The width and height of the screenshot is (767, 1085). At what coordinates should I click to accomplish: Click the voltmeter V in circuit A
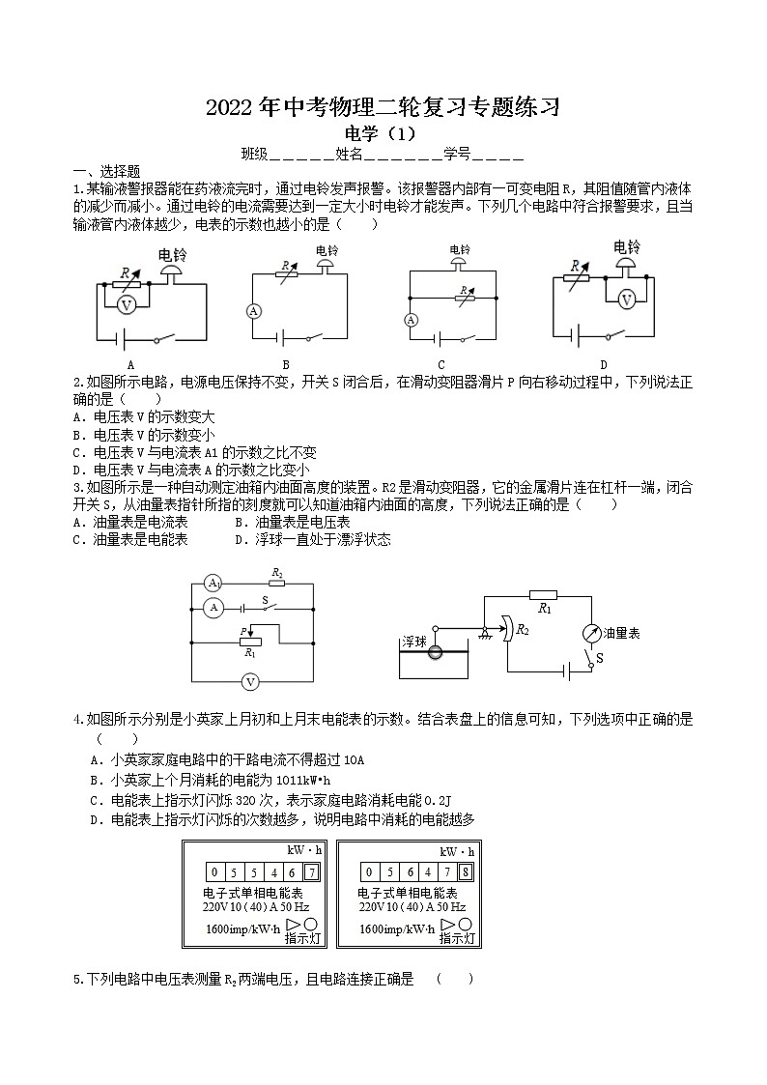[x=125, y=304]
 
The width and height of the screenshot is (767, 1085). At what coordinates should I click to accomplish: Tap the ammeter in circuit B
[x=253, y=311]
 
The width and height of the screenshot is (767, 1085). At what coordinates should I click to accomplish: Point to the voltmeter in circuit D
[x=626, y=300]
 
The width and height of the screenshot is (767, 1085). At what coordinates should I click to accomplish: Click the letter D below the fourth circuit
[x=604, y=364]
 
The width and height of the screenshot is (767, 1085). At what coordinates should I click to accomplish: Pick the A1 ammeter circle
[x=213, y=584]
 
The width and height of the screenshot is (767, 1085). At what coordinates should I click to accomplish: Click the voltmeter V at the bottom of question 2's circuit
[x=250, y=681]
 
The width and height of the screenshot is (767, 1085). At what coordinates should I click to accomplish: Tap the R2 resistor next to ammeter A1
[x=277, y=584]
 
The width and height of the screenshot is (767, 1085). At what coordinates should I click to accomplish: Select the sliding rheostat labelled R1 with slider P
[x=250, y=641]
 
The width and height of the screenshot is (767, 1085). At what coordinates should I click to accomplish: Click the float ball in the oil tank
[x=436, y=653]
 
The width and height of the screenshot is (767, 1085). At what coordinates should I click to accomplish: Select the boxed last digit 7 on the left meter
[x=311, y=872]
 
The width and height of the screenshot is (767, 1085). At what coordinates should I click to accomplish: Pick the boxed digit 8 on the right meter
[x=466, y=872]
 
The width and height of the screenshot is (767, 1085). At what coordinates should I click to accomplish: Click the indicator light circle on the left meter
[x=312, y=925]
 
